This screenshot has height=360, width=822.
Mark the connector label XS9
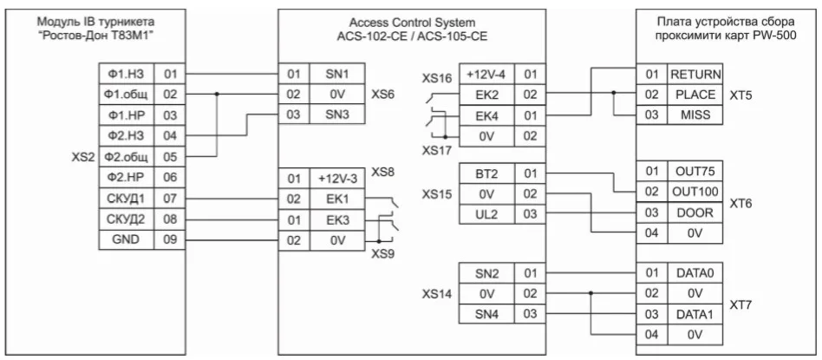[x=382, y=253]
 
